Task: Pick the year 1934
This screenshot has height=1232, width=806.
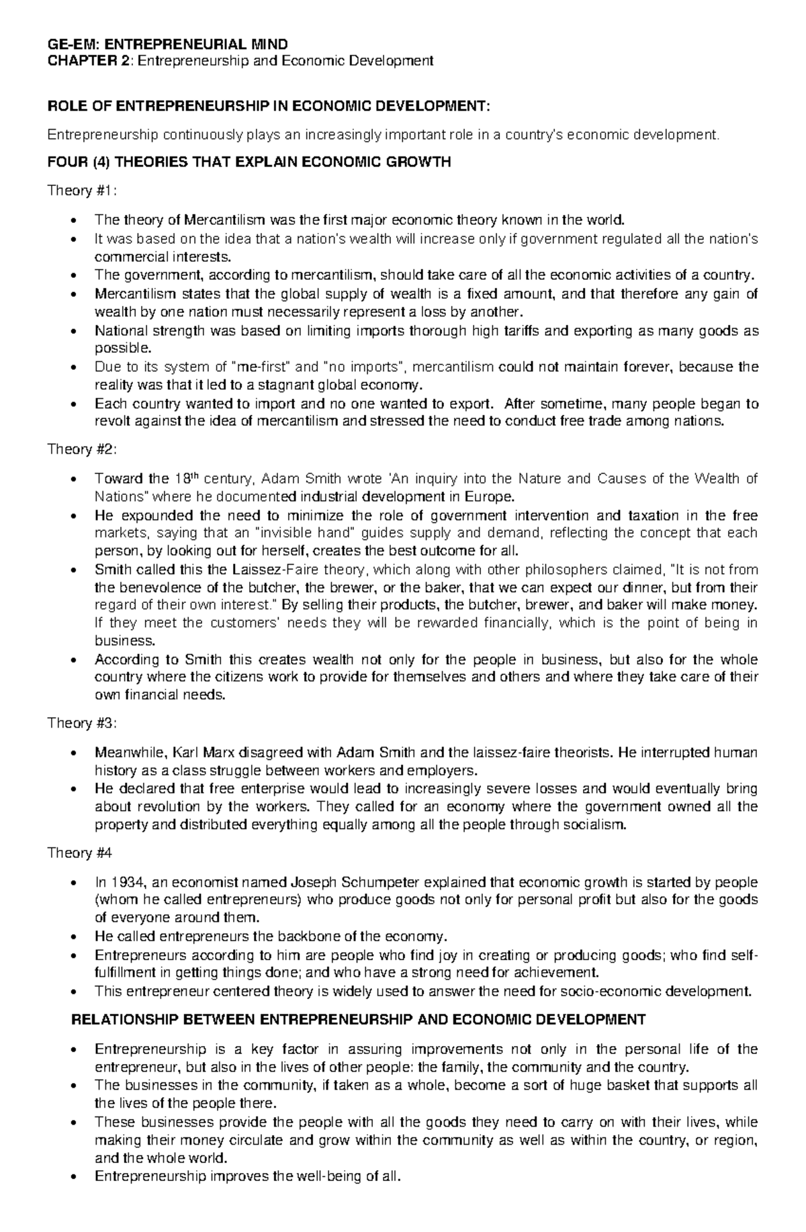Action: tap(126, 882)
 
